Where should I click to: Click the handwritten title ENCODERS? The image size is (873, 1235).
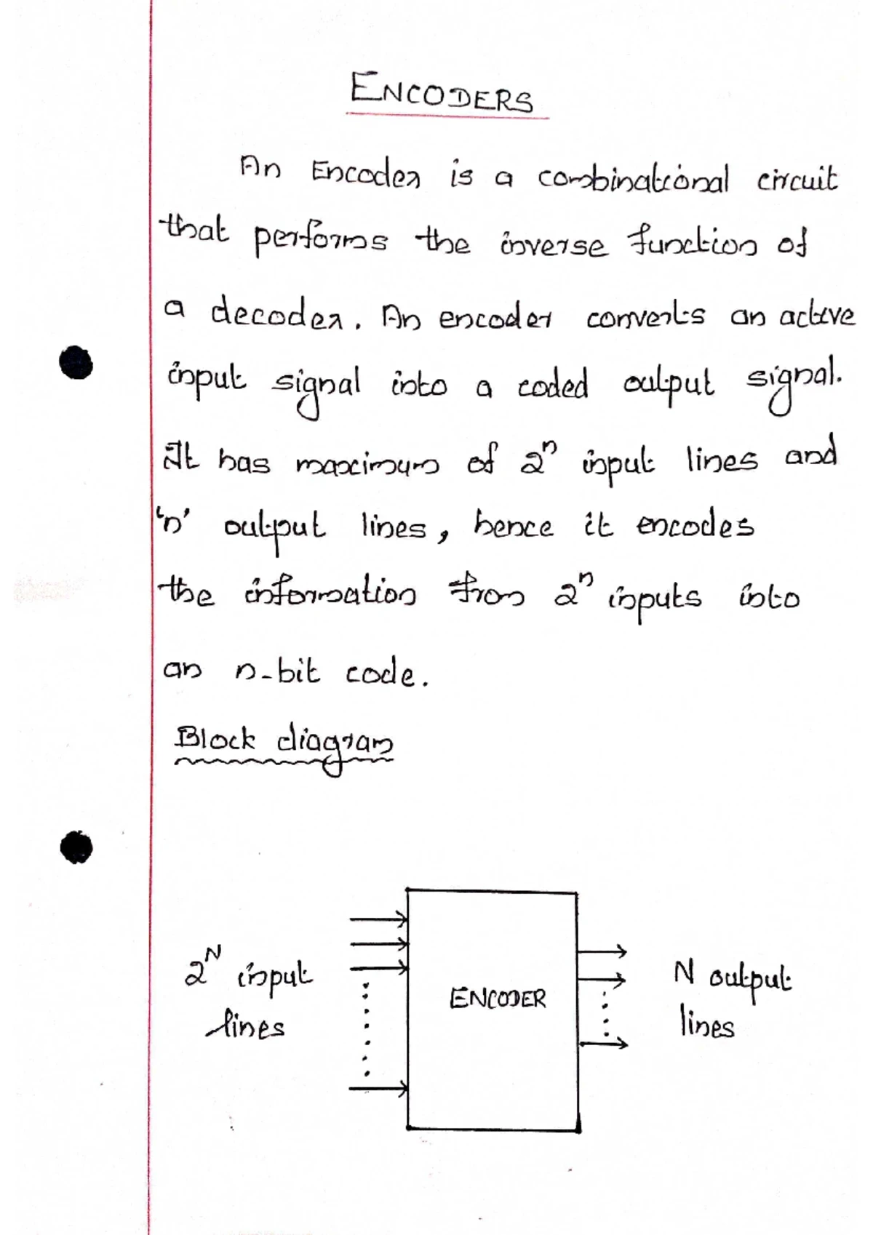[x=442, y=94]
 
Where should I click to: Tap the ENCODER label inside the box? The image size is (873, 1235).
[x=498, y=999]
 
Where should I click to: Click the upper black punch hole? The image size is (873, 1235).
[x=76, y=362]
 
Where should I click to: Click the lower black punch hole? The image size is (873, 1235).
[x=76, y=847]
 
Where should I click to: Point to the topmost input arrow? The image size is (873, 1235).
[x=378, y=919]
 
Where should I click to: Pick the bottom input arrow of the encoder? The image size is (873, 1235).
[x=378, y=1088]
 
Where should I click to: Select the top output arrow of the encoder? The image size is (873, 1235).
[x=602, y=951]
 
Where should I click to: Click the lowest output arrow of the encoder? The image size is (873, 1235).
[x=603, y=1042]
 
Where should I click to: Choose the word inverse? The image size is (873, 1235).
[x=553, y=245]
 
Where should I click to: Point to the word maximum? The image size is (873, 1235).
[x=367, y=464]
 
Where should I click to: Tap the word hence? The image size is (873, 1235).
[x=513, y=526]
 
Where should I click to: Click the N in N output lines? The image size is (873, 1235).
[x=683, y=972]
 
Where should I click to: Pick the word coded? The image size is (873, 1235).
[x=553, y=384]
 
